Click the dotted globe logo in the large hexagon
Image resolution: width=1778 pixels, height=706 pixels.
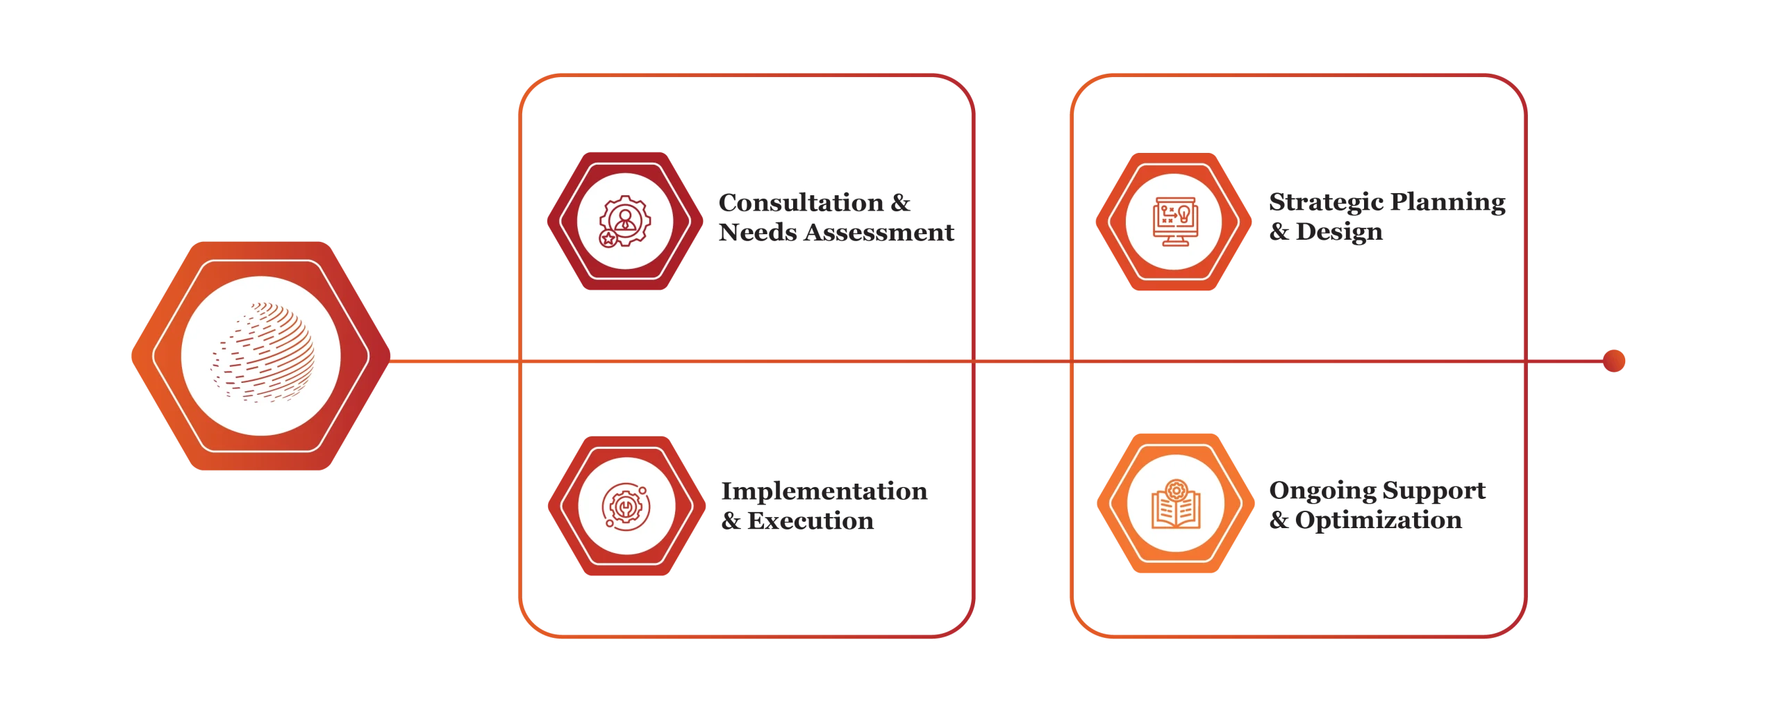click(263, 352)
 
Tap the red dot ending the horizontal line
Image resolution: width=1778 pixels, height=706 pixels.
click(1613, 361)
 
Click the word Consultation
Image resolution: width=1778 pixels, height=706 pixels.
click(801, 202)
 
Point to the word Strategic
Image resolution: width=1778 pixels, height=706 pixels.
click(1326, 203)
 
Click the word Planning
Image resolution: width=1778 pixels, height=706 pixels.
click(1447, 203)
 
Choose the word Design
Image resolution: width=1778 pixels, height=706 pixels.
click(1339, 232)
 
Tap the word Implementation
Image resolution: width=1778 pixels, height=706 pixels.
click(824, 492)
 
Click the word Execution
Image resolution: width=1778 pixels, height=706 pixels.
click(811, 520)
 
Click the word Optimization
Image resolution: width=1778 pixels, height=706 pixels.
click(1379, 520)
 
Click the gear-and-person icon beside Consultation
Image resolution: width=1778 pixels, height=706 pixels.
click(624, 221)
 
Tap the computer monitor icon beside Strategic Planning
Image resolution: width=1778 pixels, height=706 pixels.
click(1174, 221)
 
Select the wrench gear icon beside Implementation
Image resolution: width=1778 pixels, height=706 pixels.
click(626, 507)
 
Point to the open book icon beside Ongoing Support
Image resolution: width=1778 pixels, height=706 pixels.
click(1175, 504)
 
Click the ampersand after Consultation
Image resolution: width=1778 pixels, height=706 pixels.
click(900, 202)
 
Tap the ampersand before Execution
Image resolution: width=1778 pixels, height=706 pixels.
click(731, 520)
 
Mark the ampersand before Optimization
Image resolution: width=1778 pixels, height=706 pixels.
click(1279, 520)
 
